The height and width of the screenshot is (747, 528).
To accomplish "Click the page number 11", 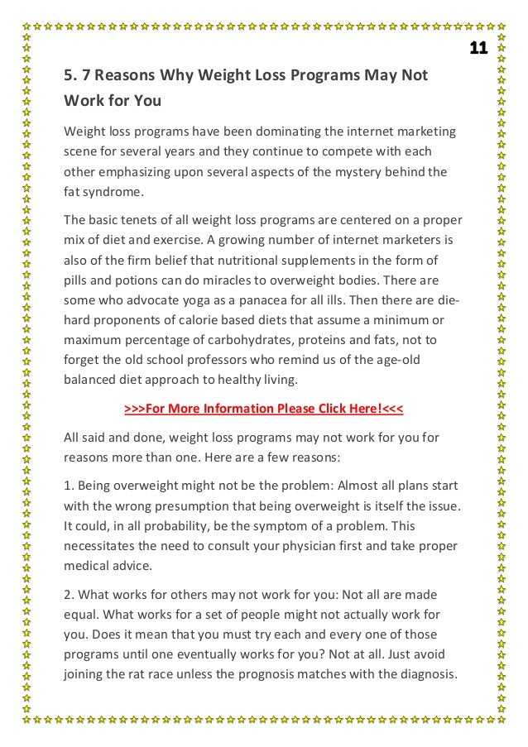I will [x=478, y=48].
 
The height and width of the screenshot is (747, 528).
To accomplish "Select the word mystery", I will [x=363, y=173].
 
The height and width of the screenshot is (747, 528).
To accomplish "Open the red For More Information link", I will [x=263, y=409].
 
